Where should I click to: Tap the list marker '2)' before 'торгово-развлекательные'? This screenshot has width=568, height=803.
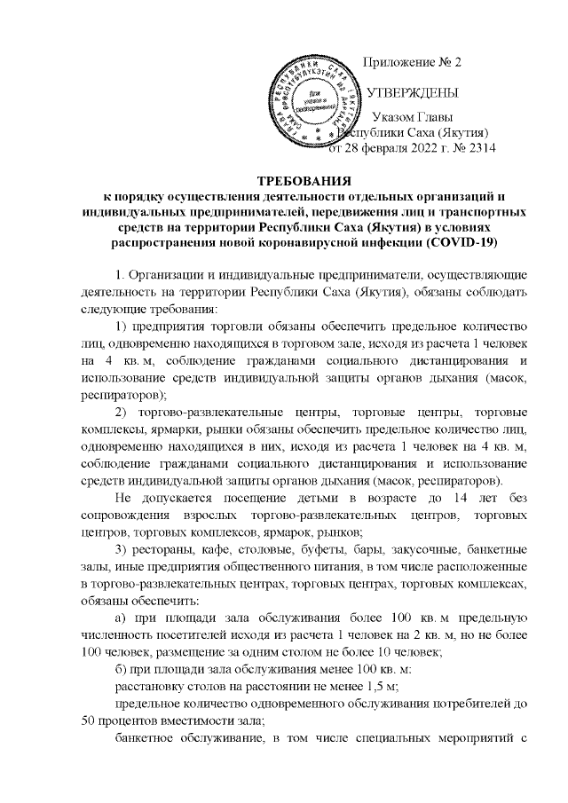124,413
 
